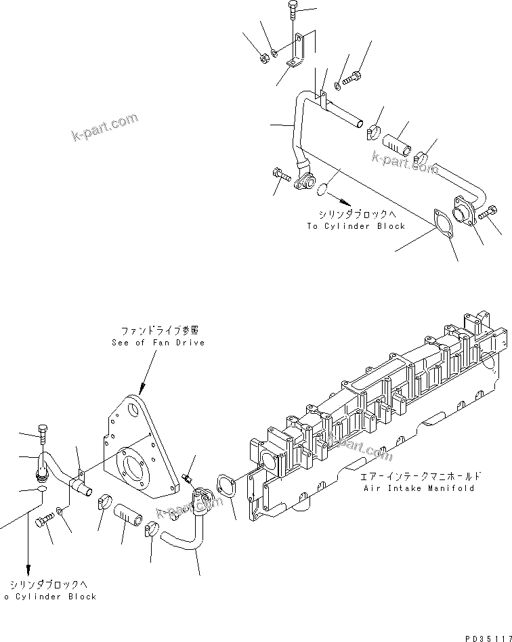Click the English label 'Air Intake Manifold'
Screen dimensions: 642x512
[419, 488]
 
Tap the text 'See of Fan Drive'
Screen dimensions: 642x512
[158, 343]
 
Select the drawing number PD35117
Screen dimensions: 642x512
[486, 637]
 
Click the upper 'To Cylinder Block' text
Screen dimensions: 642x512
[356, 226]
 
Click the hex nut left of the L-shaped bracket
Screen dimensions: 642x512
[265, 58]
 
